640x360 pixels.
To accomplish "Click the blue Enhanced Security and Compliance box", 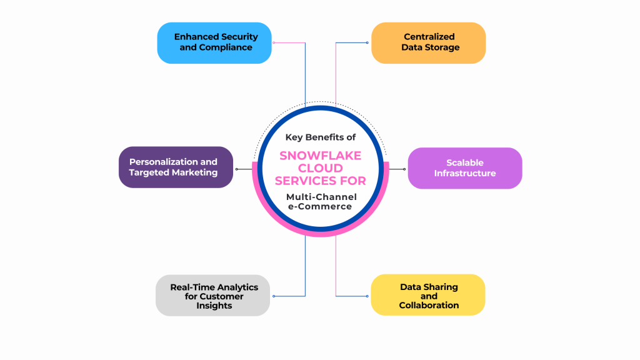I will [x=214, y=42].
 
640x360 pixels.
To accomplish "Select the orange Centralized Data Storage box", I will [x=429, y=42].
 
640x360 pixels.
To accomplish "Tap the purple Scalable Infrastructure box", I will [x=465, y=168].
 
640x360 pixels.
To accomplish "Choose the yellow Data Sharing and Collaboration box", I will [x=429, y=295].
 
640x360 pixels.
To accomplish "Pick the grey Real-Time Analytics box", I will [x=213, y=295].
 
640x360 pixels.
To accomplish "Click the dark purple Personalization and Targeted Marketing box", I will [x=176, y=167].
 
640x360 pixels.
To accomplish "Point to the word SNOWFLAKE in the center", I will [x=320, y=155].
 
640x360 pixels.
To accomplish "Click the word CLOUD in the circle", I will [x=320, y=168].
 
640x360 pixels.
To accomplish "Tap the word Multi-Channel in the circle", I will [x=321, y=197].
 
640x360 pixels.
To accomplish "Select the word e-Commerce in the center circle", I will [x=320, y=207].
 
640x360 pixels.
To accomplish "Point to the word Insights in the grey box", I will [x=214, y=306].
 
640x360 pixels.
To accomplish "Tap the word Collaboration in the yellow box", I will [x=429, y=306].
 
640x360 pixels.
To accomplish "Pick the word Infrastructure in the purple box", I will [x=465, y=173].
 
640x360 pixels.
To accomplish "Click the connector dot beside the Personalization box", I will [x=236, y=169].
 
